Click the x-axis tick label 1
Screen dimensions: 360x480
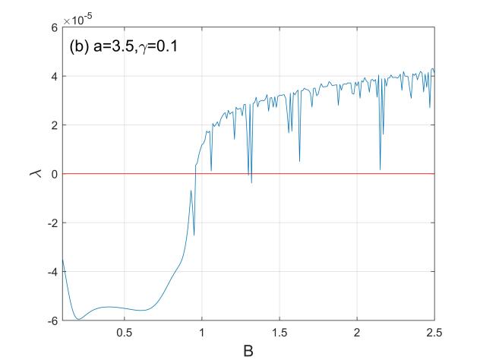[202, 333]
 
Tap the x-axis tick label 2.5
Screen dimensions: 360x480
[434, 333]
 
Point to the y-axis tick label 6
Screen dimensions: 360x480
[54, 27]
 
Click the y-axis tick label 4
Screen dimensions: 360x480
[54, 76]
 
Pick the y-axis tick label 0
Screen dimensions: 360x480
[54, 174]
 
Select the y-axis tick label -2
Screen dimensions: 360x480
[52, 223]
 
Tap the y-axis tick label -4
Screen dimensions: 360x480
[52, 271]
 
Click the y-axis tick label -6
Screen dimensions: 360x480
[52, 321]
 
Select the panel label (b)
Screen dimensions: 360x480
[80, 45]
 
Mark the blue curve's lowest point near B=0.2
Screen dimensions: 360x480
[77, 320]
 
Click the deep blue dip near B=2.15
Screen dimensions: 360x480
[380, 169]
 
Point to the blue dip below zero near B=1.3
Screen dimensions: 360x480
[251, 182]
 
